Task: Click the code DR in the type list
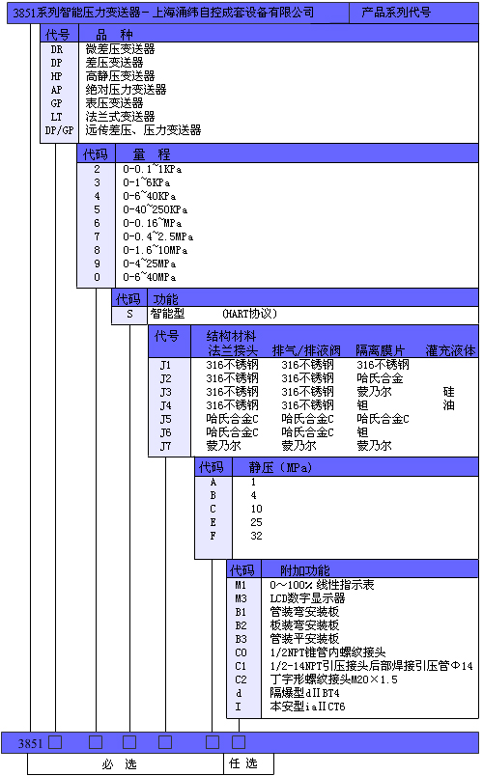tap(57, 49)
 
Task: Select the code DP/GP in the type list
tap(59, 130)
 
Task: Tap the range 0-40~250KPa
tap(156, 209)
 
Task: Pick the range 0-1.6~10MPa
tap(156, 250)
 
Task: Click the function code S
tap(129, 314)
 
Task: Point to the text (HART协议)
tap(249, 314)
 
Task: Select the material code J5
tap(165, 419)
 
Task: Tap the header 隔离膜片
tap(380, 350)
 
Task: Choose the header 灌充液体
tap(450, 350)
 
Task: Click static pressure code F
tap(213, 536)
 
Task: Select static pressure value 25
tap(256, 522)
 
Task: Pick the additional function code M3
tap(241, 598)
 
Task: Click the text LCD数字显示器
tap(307, 597)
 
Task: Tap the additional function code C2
tap(241, 679)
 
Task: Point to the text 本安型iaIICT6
tap(307, 707)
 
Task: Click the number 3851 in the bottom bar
tap(30, 743)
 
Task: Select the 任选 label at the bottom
tap(243, 763)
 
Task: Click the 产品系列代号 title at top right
tap(396, 12)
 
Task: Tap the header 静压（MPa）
tap(280, 467)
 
